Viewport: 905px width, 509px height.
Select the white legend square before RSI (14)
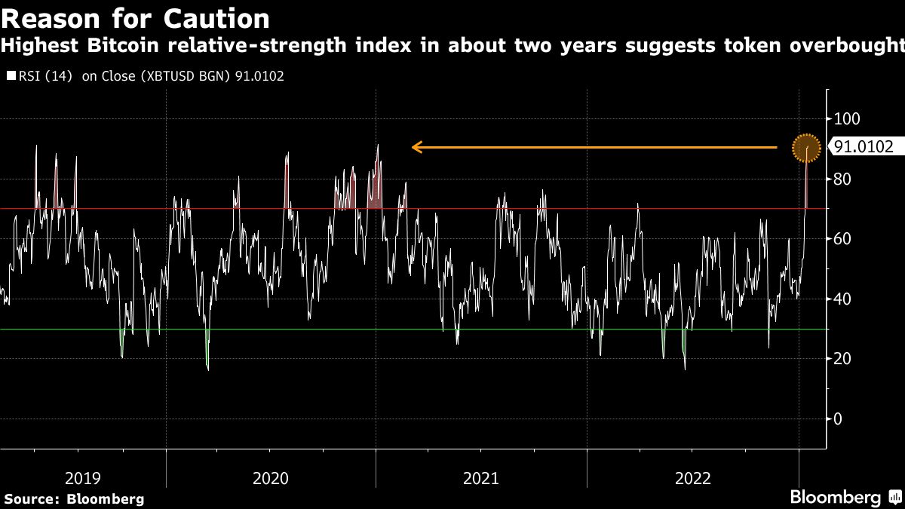(9, 76)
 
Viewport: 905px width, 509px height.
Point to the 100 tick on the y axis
(845, 119)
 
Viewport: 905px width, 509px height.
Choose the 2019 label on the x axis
(83, 477)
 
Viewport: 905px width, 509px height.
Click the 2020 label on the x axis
(271, 477)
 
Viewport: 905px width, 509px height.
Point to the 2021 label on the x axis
(481, 477)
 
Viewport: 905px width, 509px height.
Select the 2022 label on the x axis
(692, 477)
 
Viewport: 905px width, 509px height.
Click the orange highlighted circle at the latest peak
(806, 148)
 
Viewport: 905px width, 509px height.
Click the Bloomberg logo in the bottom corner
(835, 498)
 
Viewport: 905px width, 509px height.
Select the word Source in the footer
(30, 498)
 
